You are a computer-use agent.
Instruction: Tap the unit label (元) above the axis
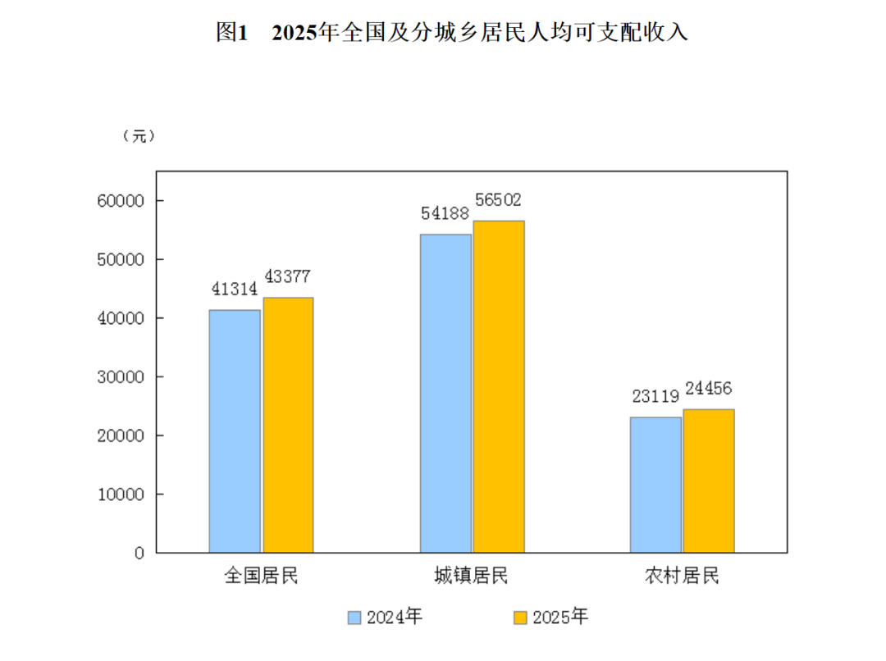139,136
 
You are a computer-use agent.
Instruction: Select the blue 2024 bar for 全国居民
235,431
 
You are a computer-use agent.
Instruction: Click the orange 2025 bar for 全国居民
287,425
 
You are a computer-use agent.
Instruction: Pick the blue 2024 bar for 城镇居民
445,393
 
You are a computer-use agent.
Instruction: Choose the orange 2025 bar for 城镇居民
498,386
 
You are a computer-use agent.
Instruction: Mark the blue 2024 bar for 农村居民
655,484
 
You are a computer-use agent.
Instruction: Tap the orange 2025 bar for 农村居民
709,481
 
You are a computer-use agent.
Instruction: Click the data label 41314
234,289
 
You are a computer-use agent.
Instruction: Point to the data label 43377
286,276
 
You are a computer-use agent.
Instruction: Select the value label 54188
445,213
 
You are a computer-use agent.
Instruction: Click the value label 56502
497,200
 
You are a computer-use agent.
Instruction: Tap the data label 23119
655,397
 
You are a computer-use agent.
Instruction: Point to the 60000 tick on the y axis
121,201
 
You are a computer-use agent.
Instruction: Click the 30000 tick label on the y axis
121,377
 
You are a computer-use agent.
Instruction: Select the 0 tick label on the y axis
139,554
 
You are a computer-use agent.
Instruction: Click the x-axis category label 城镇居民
472,576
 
